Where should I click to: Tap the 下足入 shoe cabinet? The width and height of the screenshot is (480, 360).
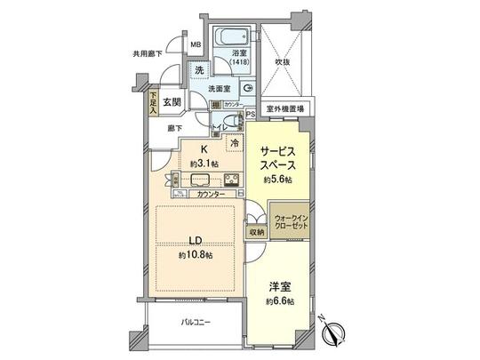154,105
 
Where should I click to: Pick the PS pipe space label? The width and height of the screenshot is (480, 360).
251,114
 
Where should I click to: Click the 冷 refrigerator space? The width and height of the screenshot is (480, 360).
235,142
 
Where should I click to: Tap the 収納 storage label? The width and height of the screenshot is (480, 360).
257,232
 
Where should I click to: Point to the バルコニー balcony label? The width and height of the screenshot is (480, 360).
196,321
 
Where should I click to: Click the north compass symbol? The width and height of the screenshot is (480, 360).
336,333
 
